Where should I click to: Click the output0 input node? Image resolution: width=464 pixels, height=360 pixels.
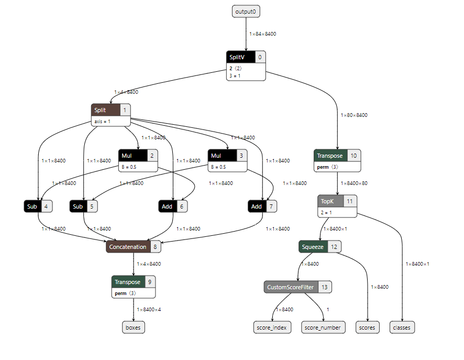point(246,11)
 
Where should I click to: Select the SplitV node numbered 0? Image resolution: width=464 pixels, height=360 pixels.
point(246,57)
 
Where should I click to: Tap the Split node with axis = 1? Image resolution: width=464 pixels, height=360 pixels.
point(111,110)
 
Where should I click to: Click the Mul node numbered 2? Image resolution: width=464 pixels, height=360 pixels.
point(138,156)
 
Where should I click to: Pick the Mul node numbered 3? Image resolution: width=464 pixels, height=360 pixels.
point(228,156)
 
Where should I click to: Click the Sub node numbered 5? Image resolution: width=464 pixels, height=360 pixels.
point(84,206)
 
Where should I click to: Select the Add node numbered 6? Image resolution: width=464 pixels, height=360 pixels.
point(173,206)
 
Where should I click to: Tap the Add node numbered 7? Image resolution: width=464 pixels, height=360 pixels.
point(262,206)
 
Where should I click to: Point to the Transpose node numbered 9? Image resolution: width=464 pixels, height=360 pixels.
point(134,282)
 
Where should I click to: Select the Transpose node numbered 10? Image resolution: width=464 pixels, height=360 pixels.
point(337,156)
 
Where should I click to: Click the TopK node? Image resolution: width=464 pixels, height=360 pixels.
point(337,201)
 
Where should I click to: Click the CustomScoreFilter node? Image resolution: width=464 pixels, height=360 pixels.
point(297,287)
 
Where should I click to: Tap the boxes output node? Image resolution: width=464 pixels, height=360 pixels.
point(134,328)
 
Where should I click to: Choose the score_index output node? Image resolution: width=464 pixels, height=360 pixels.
point(271,328)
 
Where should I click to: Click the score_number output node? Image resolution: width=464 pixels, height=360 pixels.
point(325,328)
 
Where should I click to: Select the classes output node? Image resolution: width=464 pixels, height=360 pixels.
point(402,328)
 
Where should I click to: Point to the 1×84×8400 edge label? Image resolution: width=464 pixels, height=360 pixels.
point(262,34)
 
